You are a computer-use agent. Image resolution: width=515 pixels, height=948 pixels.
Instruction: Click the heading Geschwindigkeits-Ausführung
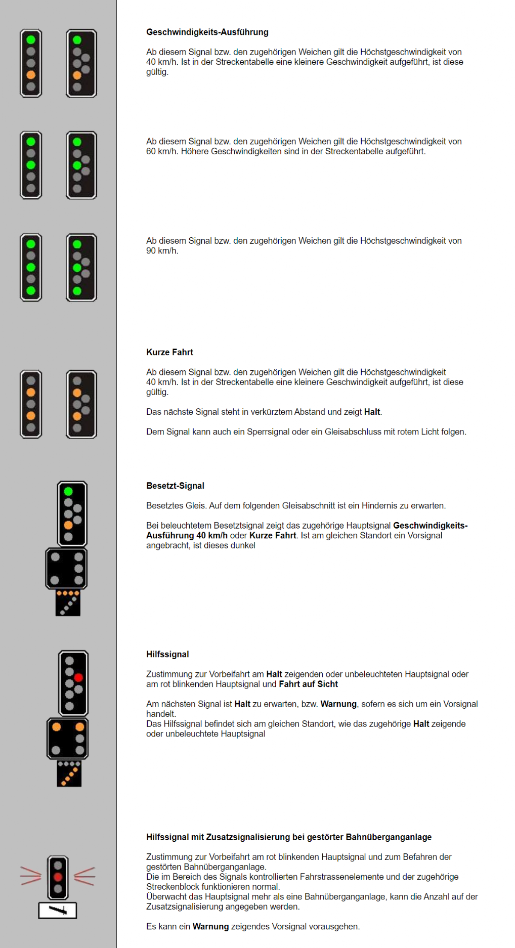coord(207,32)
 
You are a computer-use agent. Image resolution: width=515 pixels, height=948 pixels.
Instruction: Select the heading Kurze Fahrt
coord(169,352)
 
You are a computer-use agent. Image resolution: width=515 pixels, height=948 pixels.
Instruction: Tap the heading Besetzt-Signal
coord(175,486)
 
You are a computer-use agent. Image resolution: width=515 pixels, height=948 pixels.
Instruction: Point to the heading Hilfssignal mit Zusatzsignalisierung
coord(288,837)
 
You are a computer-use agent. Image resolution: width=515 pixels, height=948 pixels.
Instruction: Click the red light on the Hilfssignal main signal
coord(78,677)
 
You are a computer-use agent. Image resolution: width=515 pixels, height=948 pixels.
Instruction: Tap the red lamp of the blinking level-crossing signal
coord(58,877)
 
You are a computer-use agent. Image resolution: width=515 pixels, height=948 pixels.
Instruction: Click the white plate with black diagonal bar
coord(58,911)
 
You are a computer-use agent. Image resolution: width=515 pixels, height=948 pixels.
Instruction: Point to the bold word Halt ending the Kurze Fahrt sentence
coord(372,412)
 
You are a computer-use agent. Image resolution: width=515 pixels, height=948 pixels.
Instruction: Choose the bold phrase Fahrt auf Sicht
coord(308,684)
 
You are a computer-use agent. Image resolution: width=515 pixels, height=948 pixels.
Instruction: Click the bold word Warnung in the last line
coord(210,926)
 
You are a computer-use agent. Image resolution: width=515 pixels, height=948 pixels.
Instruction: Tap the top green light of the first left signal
coord(31,39)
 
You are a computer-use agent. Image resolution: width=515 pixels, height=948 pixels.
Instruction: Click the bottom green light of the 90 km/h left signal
coord(31,290)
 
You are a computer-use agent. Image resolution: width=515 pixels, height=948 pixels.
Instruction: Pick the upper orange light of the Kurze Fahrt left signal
coord(31,392)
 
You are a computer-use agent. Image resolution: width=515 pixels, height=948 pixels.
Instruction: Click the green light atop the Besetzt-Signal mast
coord(68,491)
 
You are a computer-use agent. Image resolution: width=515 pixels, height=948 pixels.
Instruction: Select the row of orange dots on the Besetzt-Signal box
coord(68,593)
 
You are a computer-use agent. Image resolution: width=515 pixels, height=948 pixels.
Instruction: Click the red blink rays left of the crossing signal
coord(30,876)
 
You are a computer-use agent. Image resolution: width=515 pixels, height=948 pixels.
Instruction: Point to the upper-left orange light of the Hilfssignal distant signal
coord(56,727)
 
